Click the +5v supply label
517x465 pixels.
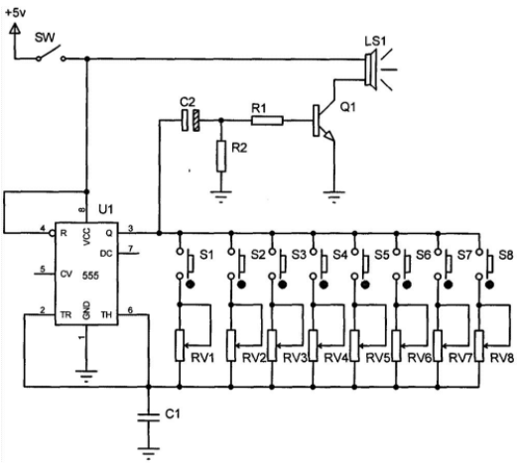[16, 13]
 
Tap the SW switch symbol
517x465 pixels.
[51, 54]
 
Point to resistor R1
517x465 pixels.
[267, 121]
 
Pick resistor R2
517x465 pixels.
[221, 156]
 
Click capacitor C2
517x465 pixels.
[191, 120]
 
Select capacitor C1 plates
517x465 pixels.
[149, 416]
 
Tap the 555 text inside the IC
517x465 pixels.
[90, 276]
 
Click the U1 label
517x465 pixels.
[106, 209]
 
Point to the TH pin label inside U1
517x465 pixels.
[106, 315]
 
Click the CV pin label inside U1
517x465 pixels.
[66, 274]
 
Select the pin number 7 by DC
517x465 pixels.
[131, 248]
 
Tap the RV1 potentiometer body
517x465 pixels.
[180, 345]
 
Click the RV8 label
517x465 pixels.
[502, 358]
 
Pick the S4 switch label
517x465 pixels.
[340, 255]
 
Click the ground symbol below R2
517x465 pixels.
[221, 196]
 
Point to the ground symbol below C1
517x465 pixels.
[149, 453]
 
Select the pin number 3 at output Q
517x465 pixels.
[131, 228]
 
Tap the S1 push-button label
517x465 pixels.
[206, 255]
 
